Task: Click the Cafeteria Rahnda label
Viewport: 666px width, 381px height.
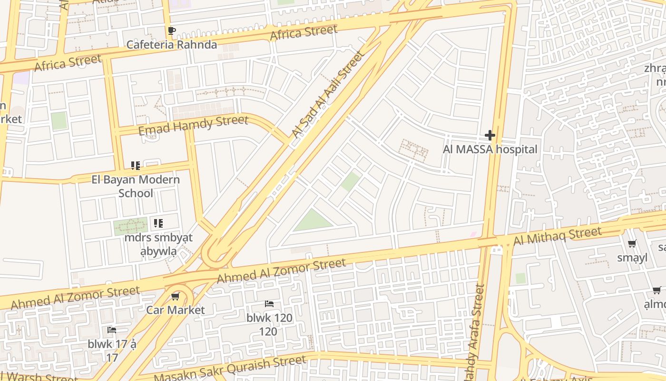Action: (x=171, y=45)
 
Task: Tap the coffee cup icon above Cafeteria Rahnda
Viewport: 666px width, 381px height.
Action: (x=172, y=31)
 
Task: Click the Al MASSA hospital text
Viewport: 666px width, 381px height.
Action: (x=490, y=150)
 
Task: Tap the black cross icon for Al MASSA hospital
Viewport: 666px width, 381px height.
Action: (x=490, y=135)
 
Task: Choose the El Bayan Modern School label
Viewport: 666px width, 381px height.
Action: (x=136, y=186)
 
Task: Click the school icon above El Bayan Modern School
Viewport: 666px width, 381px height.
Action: (x=136, y=166)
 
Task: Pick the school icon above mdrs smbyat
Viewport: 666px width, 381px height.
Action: (x=158, y=223)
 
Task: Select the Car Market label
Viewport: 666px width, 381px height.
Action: (x=175, y=310)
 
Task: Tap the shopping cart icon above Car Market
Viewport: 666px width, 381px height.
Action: (x=175, y=297)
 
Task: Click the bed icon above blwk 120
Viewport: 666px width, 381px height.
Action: (x=269, y=304)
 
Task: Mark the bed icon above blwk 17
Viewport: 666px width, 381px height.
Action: (x=112, y=330)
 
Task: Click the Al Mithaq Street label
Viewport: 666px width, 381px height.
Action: (x=557, y=236)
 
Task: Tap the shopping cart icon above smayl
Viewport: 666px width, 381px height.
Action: (x=632, y=244)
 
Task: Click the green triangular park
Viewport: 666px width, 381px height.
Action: (x=313, y=222)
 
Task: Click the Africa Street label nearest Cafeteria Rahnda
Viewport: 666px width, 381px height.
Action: (x=304, y=32)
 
